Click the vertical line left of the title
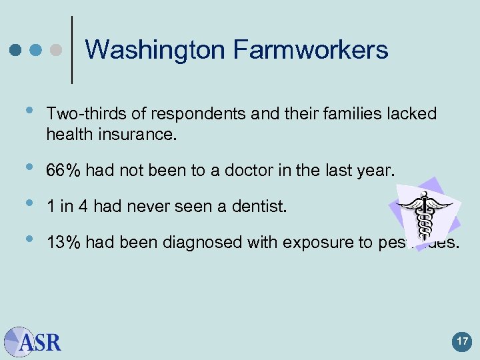coord(72,50)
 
